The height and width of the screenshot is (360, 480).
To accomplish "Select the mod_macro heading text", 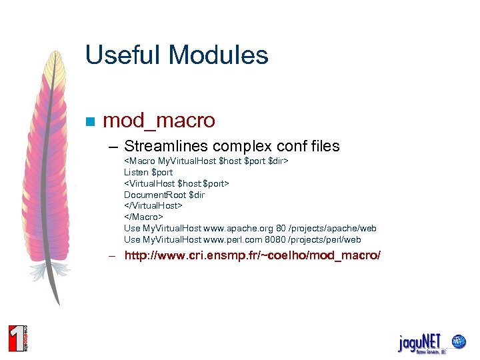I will (159, 121).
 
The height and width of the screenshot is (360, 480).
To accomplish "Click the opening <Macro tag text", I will (139, 161).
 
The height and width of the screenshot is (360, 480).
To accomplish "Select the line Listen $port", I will (148, 172).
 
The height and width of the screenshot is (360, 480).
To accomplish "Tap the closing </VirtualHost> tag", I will (153, 206).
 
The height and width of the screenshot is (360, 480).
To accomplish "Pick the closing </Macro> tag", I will (143, 217).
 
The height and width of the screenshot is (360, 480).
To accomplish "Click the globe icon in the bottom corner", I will (458, 342).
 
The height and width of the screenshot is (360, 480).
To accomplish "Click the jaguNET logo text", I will (419, 343).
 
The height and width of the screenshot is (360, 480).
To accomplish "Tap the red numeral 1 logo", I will (15, 337).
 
